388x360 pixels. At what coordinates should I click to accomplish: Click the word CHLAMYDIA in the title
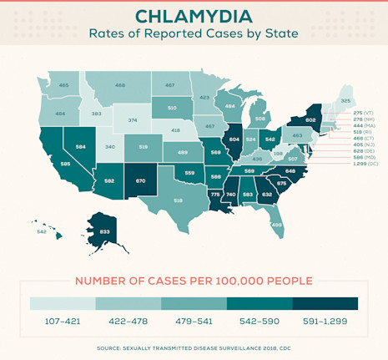tap(194, 17)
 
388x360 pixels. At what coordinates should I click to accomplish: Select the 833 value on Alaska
tap(104, 231)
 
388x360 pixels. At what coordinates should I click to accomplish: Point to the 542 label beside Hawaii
tap(42, 231)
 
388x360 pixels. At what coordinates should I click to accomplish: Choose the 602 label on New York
tap(310, 119)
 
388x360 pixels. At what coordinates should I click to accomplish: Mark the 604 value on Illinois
tap(234, 139)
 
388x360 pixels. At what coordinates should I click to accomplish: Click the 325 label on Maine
tap(346, 100)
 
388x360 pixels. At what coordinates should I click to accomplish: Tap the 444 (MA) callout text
tap(363, 126)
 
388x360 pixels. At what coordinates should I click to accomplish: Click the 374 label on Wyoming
tap(133, 120)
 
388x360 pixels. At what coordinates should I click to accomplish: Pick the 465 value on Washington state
tap(64, 85)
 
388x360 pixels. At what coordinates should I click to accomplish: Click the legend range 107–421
tap(63, 320)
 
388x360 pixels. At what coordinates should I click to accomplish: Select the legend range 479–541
tap(194, 320)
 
